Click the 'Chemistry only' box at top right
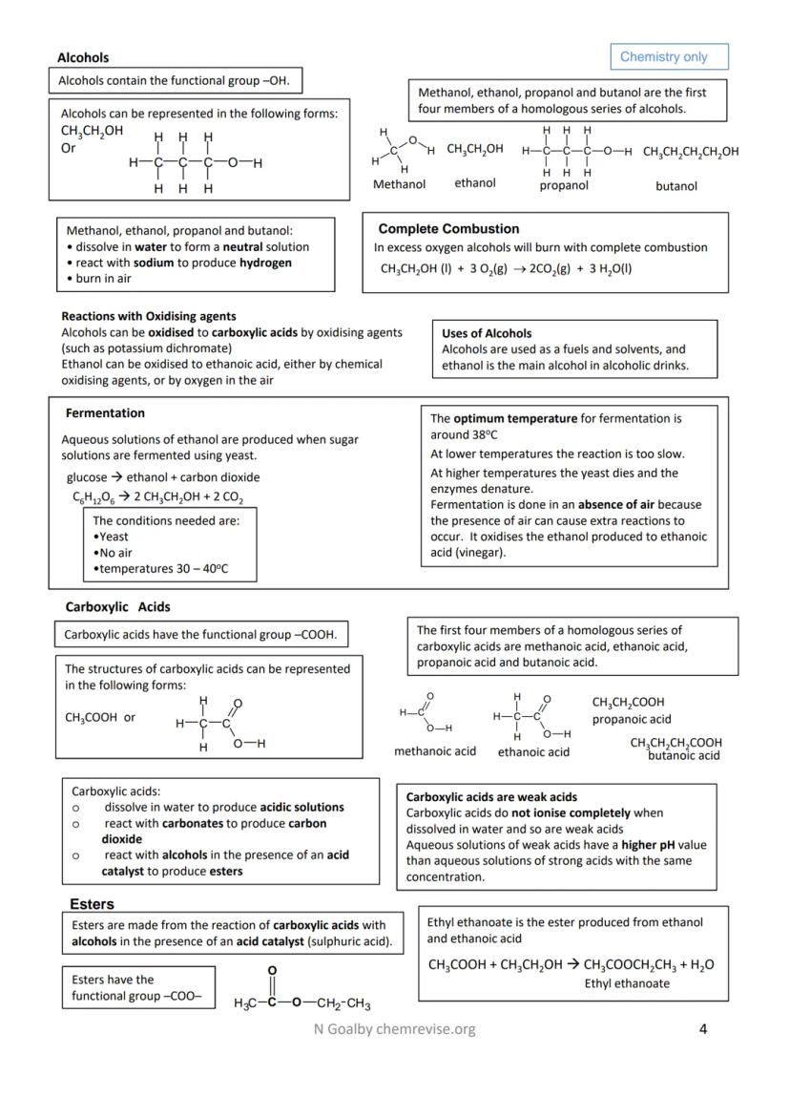(x=668, y=56)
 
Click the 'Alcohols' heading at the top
(x=83, y=57)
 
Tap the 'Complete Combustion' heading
(x=448, y=229)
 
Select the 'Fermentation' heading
(x=105, y=413)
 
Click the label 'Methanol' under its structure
(x=399, y=184)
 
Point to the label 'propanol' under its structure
(x=564, y=185)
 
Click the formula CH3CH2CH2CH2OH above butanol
(x=691, y=152)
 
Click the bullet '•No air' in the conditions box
(x=114, y=553)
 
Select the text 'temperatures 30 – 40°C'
(x=163, y=569)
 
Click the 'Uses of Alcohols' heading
(x=487, y=333)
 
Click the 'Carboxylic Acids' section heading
(x=117, y=606)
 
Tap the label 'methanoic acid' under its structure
(x=435, y=751)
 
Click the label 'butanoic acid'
(x=683, y=756)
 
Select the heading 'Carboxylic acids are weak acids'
(x=491, y=796)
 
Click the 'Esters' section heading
(x=92, y=903)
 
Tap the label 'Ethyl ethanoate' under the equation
(x=627, y=983)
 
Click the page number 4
(x=702, y=1028)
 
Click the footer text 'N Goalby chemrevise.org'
(x=394, y=1028)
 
